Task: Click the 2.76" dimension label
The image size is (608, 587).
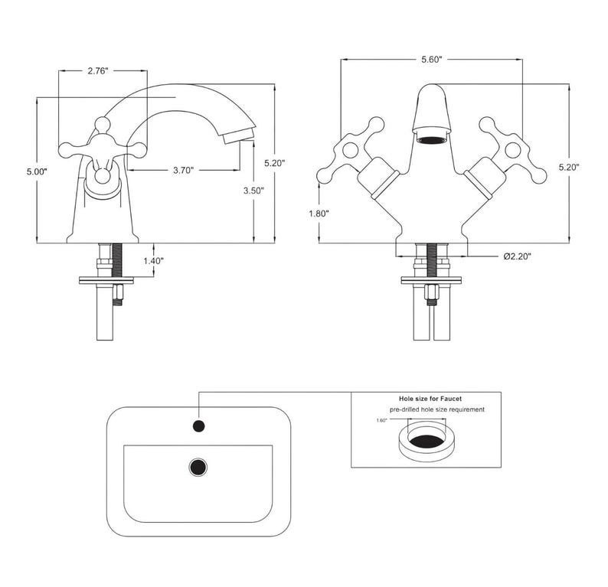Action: coord(98,71)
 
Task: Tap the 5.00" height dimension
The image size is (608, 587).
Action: coord(37,171)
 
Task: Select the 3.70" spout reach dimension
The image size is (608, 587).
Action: coord(183,170)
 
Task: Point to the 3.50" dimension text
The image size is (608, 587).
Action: coord(253,191)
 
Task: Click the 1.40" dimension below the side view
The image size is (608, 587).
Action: coord(154,261)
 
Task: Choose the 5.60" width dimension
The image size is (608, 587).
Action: coord(432,60)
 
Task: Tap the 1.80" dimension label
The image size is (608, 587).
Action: coord(319,214)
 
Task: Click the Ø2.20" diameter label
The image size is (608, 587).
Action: coord(518,256)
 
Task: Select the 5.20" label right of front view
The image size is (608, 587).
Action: coord(569,167)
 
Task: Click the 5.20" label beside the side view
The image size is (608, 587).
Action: coord(275,163)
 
